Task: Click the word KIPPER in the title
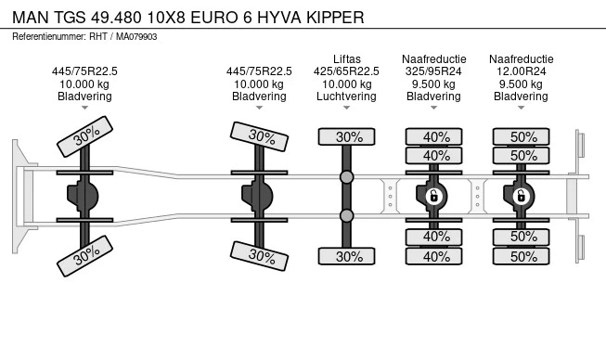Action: [335, 18]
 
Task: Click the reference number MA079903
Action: [136, 37]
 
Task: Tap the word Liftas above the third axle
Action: [347, 59]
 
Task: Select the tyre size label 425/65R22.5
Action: [346, 71]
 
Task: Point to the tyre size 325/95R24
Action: [433, 71]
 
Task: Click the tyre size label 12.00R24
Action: [521, 71]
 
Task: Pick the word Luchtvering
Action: [346, 96]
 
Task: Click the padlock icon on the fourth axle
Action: [433, 197]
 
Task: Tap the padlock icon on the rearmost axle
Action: [521, 197]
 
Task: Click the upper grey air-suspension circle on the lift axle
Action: [347, 177]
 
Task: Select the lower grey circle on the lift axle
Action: [347, 216]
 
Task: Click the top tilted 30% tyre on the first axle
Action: [84, 136]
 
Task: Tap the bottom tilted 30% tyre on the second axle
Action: [259, 256]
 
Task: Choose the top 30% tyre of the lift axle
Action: [347, 136]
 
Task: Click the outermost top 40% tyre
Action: [433, 136]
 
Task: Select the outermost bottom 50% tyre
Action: [521, 256]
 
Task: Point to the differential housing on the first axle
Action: [83, 197]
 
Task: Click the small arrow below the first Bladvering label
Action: [84, 108]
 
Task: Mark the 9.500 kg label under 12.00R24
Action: [521, 84]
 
